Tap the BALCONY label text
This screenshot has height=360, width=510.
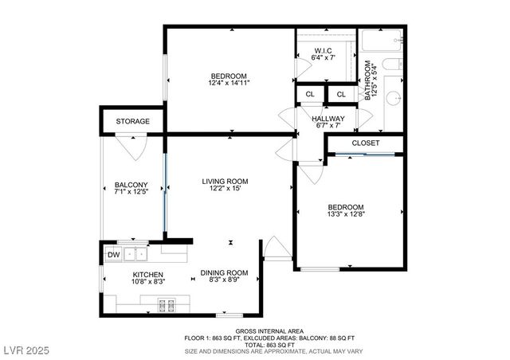pos(131,185)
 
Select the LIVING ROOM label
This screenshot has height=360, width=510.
pos(225,181)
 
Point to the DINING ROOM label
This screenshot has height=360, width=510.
pos(224,272)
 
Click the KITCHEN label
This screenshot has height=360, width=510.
pos(147,274)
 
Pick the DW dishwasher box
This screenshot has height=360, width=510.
pos(114,255)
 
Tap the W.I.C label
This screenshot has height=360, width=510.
pos(324,50)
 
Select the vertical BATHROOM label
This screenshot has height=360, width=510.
pos(368,80)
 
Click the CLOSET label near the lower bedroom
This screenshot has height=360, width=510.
pos(365,143)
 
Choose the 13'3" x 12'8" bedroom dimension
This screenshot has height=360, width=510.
pos(346,213)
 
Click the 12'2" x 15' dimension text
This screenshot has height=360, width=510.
pos(225,189)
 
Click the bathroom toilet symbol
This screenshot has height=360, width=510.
pos(390,65)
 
